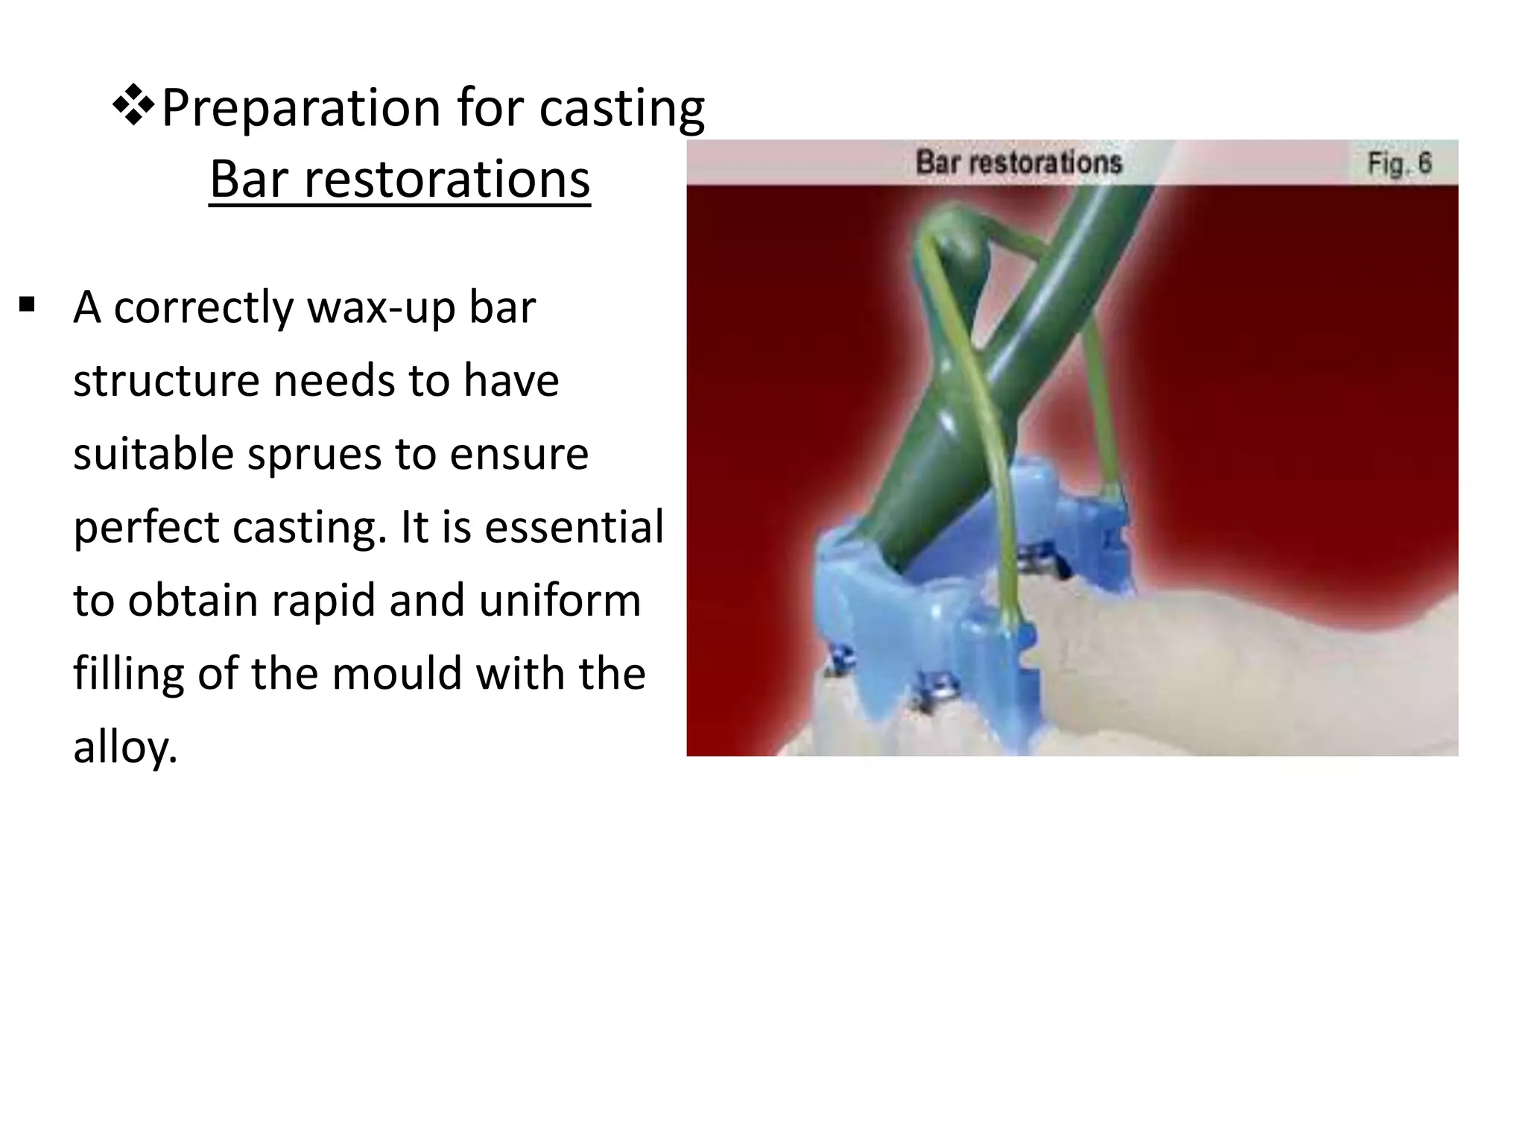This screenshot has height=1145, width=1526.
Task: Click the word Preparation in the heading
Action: point(301,109)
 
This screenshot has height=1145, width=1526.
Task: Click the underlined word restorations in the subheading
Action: point(446,180)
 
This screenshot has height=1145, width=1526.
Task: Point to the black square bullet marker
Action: point(28,305)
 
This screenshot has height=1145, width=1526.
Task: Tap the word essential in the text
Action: point(574,526)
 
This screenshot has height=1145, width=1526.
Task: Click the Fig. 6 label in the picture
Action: point(1399,163)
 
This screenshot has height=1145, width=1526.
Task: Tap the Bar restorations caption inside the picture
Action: point(1018,163)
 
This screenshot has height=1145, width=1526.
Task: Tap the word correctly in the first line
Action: point(203,307)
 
